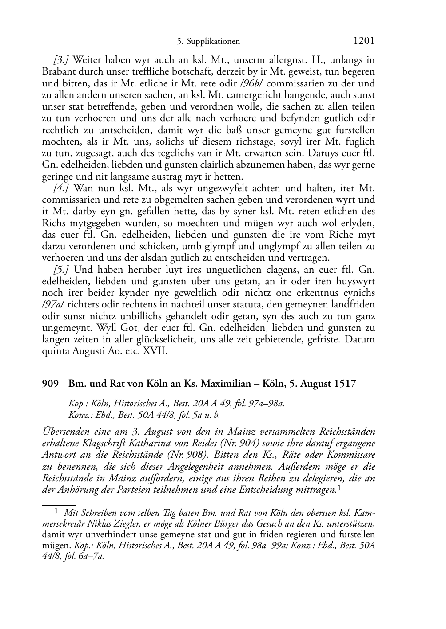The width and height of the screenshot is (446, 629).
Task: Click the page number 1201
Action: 363,41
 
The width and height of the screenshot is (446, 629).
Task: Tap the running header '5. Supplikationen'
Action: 208,42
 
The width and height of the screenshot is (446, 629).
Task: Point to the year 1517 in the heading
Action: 344,384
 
